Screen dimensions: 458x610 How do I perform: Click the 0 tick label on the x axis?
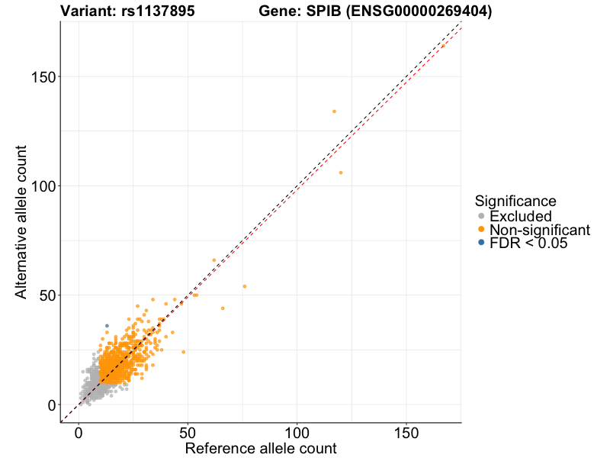coord(79,432)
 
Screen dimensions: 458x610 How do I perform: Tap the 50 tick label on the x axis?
coord(188,432)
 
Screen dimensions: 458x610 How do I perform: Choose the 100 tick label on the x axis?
coord(297,432)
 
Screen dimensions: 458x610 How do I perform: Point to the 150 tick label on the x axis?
coord(406,432)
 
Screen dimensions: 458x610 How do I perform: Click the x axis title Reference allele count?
coord(261,448)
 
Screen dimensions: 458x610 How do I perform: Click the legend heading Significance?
coord(515,201)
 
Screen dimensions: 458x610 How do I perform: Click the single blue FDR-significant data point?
coord(107,326)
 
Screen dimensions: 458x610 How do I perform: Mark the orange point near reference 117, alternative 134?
coord(334,111)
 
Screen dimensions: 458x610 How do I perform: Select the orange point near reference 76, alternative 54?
coord(245,286)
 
